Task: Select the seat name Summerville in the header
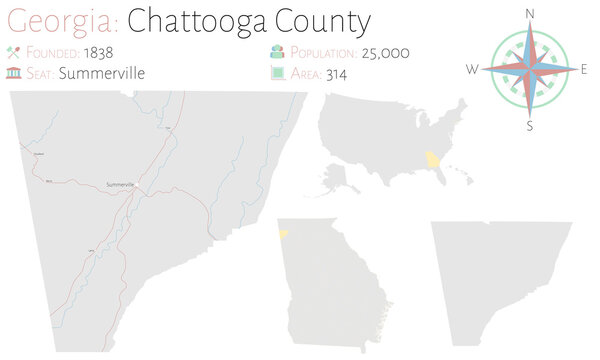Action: pos(102,72)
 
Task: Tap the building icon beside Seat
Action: pos(14,72)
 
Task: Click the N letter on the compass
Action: pos(530,13)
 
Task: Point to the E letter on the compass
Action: pos(584,69)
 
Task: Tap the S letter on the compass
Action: pos(530,126)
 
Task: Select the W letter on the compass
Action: pos(472,69)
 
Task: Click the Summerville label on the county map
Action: pos(119,185)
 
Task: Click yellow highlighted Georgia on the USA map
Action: pos(432,160)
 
